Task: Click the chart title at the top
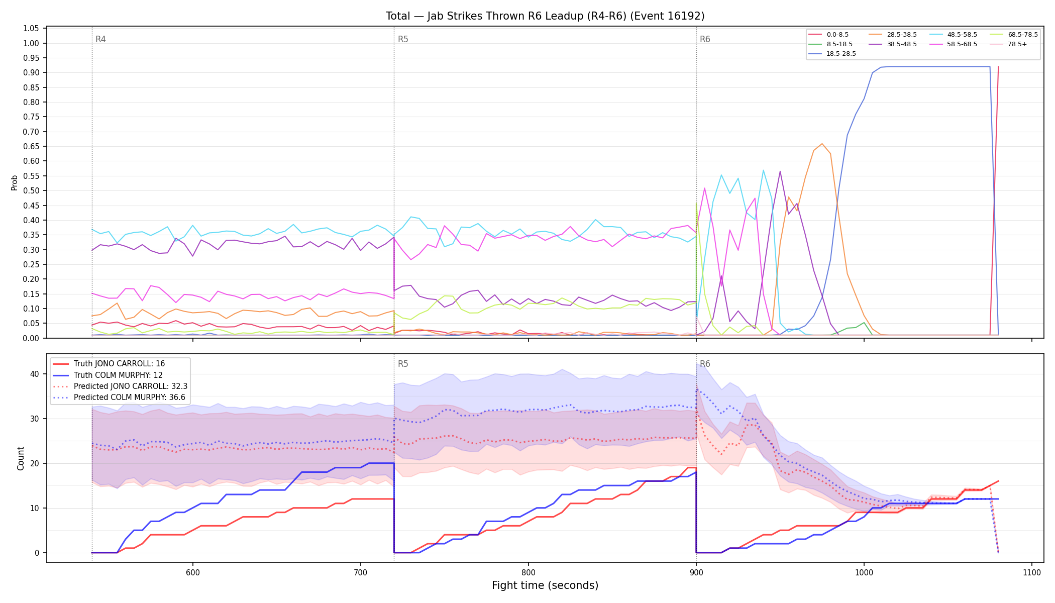point(545,16)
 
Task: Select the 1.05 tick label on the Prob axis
point(31,29)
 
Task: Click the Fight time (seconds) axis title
point(545,585)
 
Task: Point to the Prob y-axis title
point(15,182)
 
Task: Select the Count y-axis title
point(21,458)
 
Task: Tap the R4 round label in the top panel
point(100,39)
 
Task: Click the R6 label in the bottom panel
point(705,364)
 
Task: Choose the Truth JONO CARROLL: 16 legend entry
point(119,364)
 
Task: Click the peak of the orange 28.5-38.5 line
point(822,144)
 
